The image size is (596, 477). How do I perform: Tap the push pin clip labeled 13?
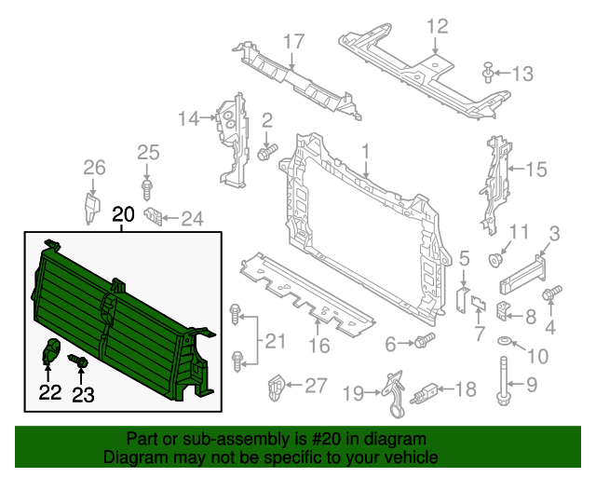click(x=488, y=71)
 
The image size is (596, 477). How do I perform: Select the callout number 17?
click(x=293, y=41)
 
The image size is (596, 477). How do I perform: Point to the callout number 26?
click(x=94, y=168)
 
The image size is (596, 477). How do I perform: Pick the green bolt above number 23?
click(x=80, y=361)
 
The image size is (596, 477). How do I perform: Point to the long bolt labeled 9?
click(x=503, y=386)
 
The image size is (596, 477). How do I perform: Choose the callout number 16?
click(x=318, y=348)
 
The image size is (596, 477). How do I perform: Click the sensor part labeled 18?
click(x=429, y=389)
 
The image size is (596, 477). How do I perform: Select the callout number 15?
click(x=535, y=169)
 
